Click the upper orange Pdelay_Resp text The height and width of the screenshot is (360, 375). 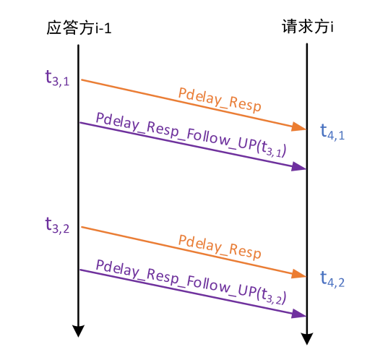pos(220,98)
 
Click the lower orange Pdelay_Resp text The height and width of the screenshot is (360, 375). pos(220,247)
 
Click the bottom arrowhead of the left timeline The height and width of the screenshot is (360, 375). pos(77,332)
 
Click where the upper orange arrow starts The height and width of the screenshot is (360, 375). pos(80,80)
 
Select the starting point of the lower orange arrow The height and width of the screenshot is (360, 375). pos(80,227)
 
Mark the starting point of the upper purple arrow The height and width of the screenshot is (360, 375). pos(79,123)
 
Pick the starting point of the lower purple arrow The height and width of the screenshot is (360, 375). pos(79,270)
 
